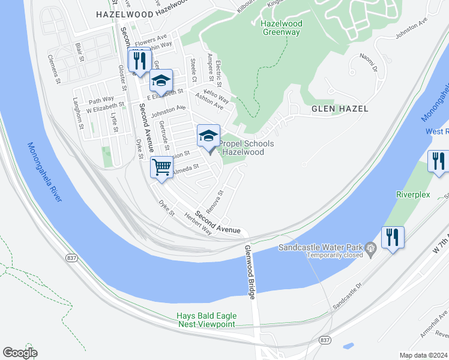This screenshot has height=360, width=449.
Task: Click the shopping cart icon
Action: click(161, 167)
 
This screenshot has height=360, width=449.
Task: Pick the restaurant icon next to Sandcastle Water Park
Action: click(393, 237)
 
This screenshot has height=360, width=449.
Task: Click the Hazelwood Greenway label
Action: click(282, 28)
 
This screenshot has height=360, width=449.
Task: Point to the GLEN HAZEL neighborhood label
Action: click(340, 109)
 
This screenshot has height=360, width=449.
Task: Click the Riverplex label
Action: click(414, 194)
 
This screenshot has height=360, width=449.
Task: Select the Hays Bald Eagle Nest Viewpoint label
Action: click(206, 320)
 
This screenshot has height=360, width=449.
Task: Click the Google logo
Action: click(20, 352)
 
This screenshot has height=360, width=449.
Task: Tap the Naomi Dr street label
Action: click(367, 62)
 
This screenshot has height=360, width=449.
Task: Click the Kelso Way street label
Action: click(219, 98)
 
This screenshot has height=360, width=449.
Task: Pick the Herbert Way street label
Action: click(197, 223)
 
